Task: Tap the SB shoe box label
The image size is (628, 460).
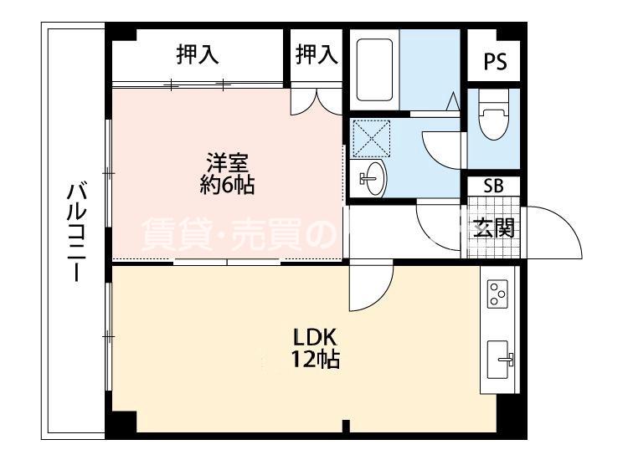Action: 494,186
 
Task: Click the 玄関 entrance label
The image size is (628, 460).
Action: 493,227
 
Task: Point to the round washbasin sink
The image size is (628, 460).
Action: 373,178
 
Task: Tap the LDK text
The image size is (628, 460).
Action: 314,338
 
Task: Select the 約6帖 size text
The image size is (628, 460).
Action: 227,186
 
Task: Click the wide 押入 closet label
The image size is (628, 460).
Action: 198,55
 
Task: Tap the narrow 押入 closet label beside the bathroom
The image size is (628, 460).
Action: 317,55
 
